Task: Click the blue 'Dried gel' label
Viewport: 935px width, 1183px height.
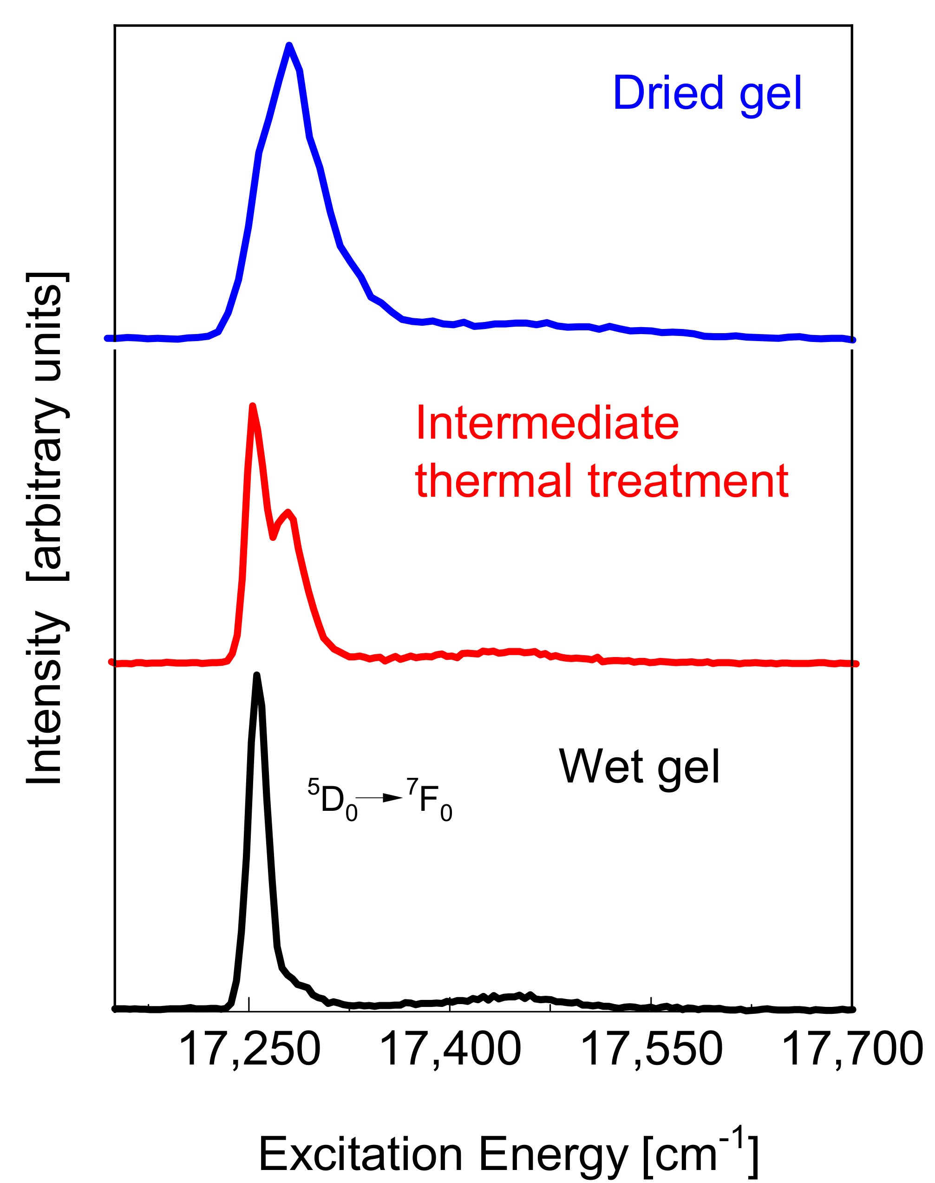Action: pyautogui.click(x=707, y=94)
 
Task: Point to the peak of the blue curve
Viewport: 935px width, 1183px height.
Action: pyautogui.click(x=289, y=46)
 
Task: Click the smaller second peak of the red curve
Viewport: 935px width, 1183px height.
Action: pyautogui.click(x=288, y=512)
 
